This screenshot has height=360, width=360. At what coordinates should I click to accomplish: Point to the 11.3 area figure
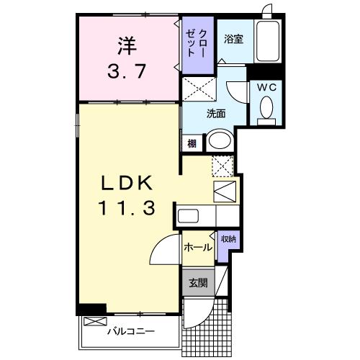[127, 210]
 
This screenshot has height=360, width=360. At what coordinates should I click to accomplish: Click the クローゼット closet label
[195, 44]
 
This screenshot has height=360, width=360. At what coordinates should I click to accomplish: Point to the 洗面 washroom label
[216, 112]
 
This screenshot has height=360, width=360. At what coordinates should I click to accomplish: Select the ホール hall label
[197, 248]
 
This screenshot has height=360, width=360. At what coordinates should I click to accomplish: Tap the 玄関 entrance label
[197, 283]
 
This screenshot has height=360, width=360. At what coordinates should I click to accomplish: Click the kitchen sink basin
[189, 216]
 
